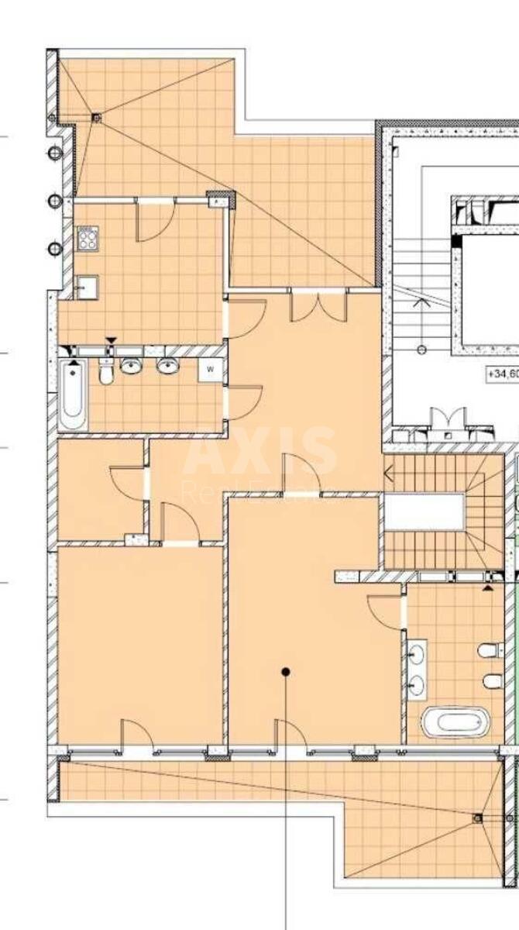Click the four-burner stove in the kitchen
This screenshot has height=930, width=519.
[87, 238]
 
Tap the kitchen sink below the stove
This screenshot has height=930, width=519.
[85, 287]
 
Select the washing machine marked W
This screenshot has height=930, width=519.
[210, 370]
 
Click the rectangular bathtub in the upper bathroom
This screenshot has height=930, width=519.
[74, 396]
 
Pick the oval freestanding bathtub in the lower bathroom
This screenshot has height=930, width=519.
[455, 722]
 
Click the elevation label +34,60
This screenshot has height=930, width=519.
[502, 374]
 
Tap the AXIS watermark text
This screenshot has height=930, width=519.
[260, 452]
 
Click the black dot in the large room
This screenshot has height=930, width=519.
[286, 672]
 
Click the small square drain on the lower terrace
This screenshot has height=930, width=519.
[478, 818]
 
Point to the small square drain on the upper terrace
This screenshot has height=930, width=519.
[96, 118]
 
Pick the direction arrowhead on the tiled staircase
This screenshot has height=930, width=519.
[390, 470]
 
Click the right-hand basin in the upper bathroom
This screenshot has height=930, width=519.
[167, 367]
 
